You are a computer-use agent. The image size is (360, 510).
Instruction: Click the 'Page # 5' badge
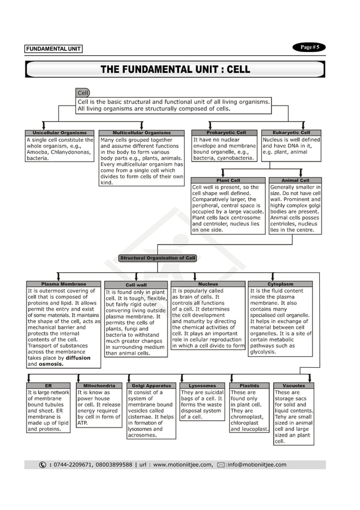tap(309, 47)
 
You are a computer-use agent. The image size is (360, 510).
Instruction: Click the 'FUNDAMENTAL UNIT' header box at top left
tap(53, 49)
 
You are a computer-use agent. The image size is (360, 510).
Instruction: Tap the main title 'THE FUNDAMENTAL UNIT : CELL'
tap(175, 69)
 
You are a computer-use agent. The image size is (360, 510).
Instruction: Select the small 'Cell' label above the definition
tap(83, 93)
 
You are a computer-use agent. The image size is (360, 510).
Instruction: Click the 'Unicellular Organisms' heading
tap(60, 133)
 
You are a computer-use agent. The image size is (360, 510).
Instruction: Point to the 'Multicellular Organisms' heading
tap(141, 133)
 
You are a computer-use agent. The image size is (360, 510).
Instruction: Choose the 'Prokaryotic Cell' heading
tap(226, 133)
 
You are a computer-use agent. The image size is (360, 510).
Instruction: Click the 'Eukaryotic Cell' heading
tap(291, 133)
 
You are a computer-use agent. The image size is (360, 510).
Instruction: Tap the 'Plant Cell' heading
tap(228, 181)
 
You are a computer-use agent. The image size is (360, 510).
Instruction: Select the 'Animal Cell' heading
tap(295, 181)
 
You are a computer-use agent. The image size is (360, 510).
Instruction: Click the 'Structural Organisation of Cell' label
tap(157, 258)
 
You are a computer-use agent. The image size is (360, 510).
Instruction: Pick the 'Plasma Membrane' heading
tap(63, 284)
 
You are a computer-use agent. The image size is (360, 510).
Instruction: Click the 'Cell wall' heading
tap(136, 285)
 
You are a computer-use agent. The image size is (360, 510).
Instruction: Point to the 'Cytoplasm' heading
tap(280, 284)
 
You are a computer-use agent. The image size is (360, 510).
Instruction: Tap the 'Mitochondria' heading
tap(99, 386)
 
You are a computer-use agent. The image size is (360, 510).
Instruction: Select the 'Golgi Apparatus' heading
tap(151, 386)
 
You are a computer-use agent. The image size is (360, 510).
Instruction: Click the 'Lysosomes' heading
tap(202, 386)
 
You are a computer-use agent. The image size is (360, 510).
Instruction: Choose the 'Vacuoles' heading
tap(293, 386)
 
